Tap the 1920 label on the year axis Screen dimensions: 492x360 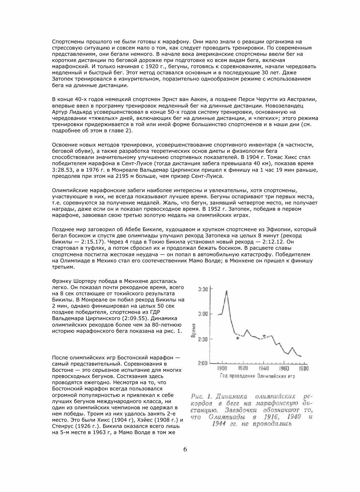click(243, 369)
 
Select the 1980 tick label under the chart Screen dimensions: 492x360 click(303, 369)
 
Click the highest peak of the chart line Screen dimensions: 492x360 click(226, 291)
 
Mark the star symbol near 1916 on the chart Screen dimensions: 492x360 click(238, 338)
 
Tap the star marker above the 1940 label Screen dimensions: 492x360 click(264, 336)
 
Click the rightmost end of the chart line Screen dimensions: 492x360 click(301, 356)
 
